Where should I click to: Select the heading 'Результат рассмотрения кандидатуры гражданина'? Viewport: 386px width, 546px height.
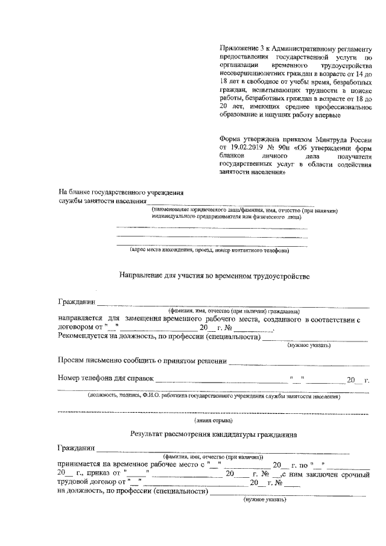(x=213, y=434)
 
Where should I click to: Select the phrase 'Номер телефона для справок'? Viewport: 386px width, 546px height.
(x=106, y=379)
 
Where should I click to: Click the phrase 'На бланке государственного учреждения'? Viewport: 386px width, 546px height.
(x=120, y=192)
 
